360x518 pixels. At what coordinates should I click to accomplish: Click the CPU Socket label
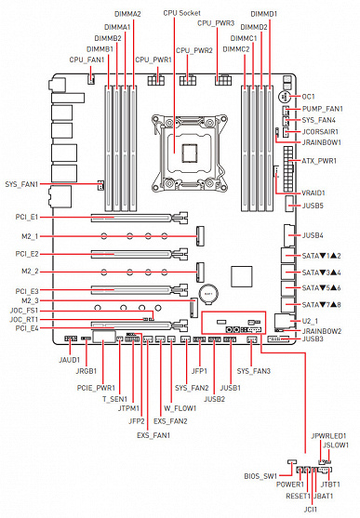click(x=181, y=13)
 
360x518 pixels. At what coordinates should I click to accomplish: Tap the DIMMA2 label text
click(x=127, y=14)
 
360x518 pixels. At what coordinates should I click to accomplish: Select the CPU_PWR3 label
click(x=216, y=23)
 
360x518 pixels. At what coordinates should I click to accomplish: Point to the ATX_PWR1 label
click(x=319, y=161)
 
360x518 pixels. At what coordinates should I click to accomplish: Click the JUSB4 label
click(x=313, y=235)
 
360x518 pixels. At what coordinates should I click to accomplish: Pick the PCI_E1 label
click(x=27, y=217)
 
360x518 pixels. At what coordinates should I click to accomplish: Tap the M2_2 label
click(x=30, y=272)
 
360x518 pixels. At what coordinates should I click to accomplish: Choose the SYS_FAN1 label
click(x=21, y=184)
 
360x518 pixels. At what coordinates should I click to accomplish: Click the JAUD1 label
click(x=70, y=360)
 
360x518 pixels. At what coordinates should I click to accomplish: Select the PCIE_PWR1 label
click(x=96, y=388)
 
